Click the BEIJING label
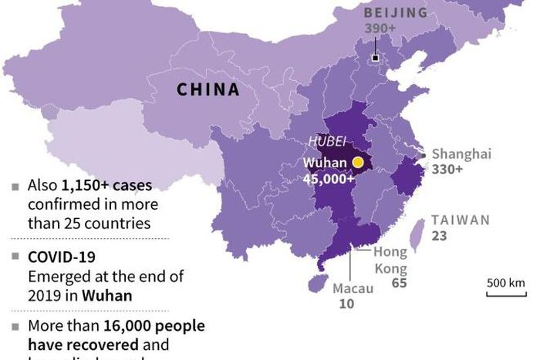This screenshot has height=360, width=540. [x=395, y=12]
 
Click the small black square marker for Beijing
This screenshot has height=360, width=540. [x=375, y=58]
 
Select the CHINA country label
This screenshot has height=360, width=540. [x=208, y=89]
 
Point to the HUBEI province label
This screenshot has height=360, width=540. [x=325, y=141]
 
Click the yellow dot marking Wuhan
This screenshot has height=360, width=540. [x=358, y=163]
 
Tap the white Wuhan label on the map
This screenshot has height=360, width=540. [x=325, y=163]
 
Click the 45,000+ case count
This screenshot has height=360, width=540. [x=329, y=179]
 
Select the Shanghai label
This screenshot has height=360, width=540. [x=461, y=153]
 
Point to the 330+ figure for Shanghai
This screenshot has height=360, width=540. [x=447, y=169]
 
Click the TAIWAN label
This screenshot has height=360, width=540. [x=461, y=220]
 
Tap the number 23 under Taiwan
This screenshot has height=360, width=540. [x=439, y=236]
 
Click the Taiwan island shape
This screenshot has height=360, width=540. [x=416, y=234]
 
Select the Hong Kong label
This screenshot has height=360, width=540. [x=390, y=260]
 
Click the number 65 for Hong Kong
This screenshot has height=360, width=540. [x=399, y=283]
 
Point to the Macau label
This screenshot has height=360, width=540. [x=353, y=288]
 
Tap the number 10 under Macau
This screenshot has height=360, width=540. [x=347, y=304]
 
